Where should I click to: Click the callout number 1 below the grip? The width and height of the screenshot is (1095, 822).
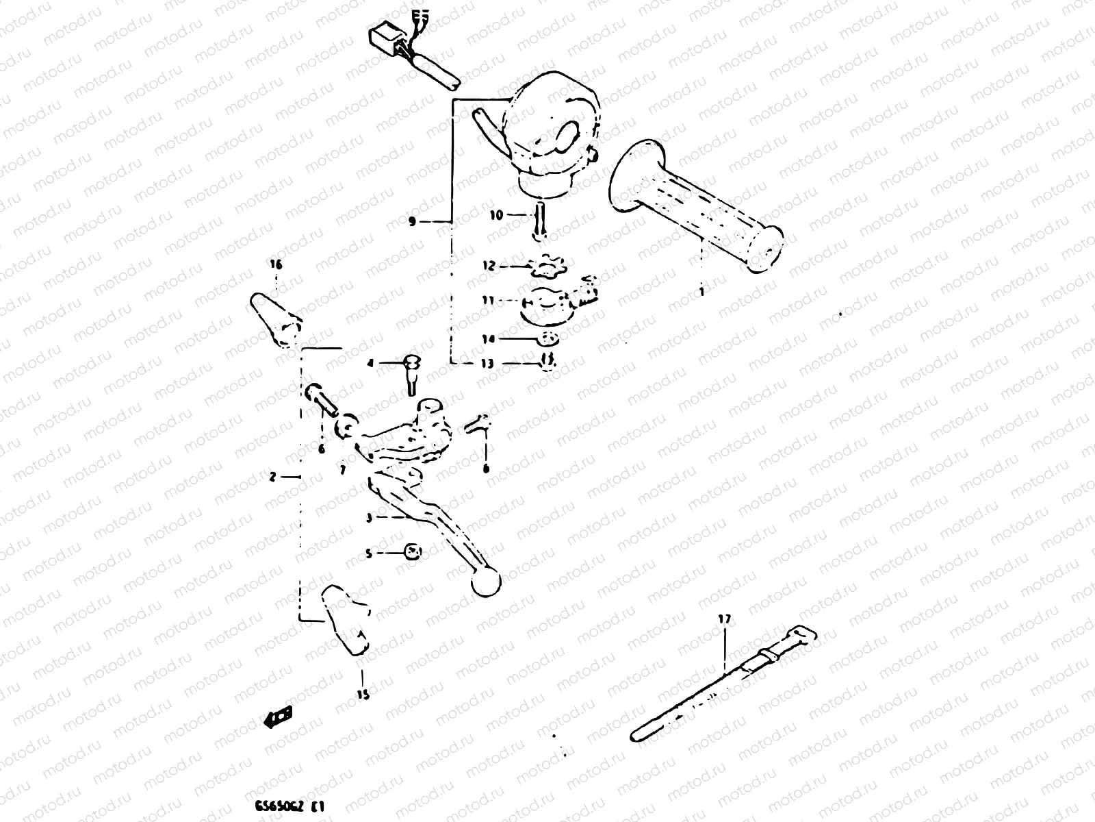coord(701,291)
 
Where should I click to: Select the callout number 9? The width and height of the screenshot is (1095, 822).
coord(411,221)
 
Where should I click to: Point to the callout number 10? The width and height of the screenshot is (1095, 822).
coord(496,215)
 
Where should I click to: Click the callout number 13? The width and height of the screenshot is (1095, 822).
coord(487,364)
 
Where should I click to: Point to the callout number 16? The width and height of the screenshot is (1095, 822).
coord(275,264)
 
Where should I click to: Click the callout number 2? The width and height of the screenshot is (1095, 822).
coord(272,477)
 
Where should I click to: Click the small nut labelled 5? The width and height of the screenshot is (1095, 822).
coord(412,552)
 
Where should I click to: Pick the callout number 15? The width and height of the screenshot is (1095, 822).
coord(363,695)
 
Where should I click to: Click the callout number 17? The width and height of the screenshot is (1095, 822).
coord(724,619)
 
